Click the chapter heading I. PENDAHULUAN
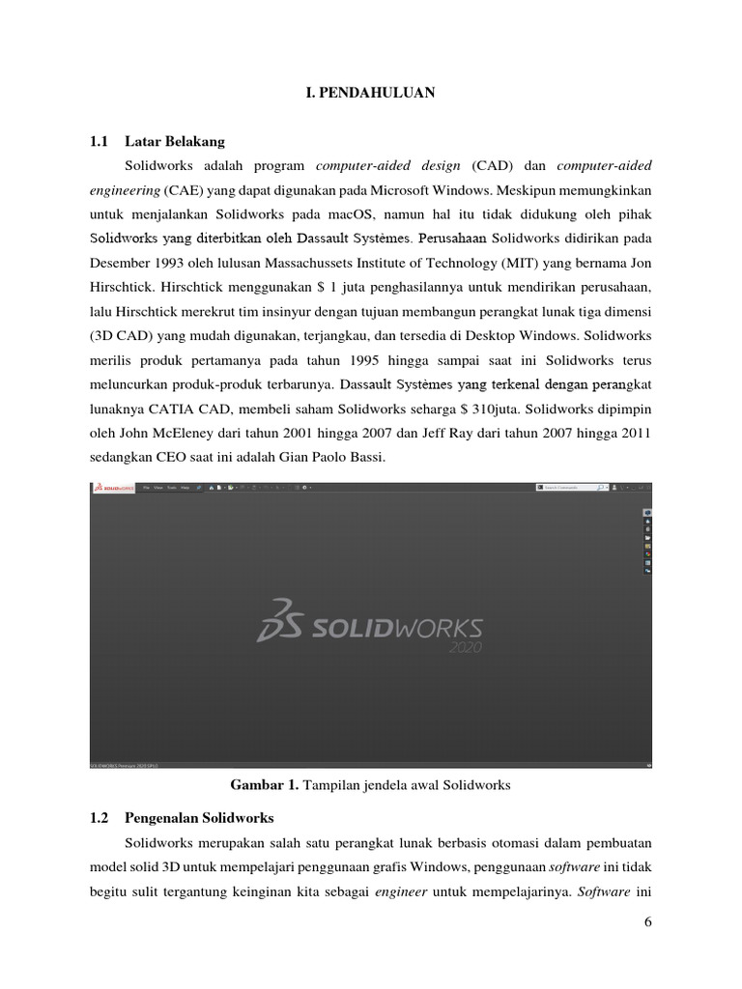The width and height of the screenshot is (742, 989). pos(370,93)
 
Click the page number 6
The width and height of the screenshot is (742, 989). pos(647,922)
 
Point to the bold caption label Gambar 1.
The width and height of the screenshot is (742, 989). pos(265,785)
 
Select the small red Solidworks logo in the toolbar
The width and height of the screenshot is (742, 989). pos(114,488)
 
